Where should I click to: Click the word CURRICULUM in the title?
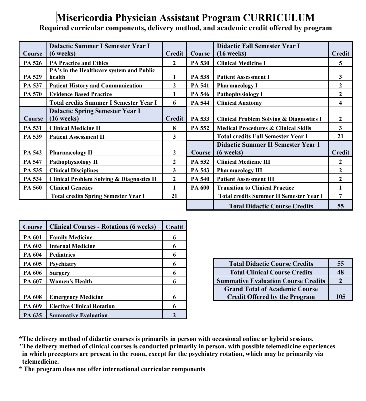(279, 18)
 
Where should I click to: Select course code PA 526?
(32, 63)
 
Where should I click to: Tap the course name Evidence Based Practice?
(81, 94)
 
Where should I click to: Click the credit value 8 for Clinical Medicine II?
(174, 128)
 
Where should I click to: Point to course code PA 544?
(200, 103)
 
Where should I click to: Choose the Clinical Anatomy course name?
(239, 103)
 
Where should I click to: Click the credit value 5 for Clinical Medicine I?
(340, 63)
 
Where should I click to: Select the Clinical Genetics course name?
(71, 188)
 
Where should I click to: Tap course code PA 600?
(200, 188)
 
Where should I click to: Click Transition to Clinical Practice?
(255, 188)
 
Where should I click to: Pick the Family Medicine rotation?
(71, 238)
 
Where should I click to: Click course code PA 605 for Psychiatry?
(32, 264)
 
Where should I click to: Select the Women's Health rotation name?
(71, 282)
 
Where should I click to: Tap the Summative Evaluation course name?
(78, 316)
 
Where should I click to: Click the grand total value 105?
(340, 297)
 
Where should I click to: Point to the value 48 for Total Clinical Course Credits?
(340, 272)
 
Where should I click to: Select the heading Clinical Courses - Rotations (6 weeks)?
(102, 227)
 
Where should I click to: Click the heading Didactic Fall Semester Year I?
(258, 46)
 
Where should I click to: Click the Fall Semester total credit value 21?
(340, 136)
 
